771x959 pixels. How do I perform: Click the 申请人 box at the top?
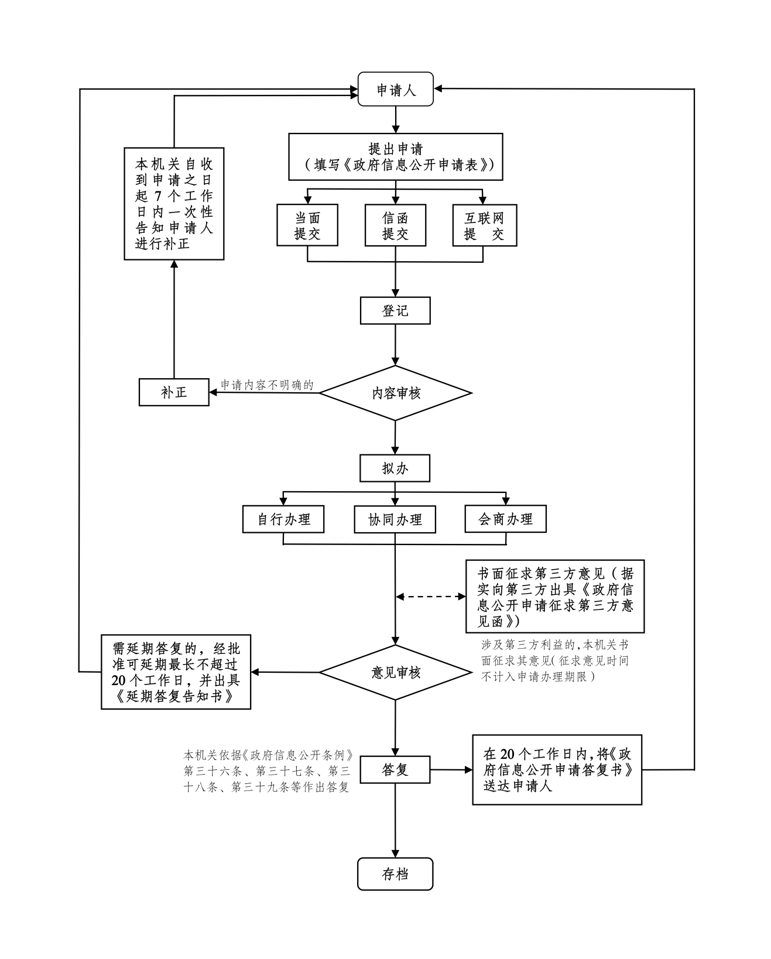pyautogui.click(x=395, y=90)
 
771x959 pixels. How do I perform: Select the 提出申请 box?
pyautogui.click(x=395, y=157)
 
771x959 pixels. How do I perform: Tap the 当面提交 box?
pyautogui.click(x=307, y=225)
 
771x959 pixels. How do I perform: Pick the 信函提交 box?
pyautogui.click(x=395, y=225)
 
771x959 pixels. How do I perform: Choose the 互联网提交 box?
pyautogui.click(x=484, y=225)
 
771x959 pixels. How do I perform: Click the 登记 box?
pyautogui.click(x=395, y=311)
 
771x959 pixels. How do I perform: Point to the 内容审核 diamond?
pyautogui.click(x=395, y=393)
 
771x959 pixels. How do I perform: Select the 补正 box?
pyautogui.click(x=174, y=392)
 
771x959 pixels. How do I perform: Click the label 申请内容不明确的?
pyautogui.click(x=267, y=385)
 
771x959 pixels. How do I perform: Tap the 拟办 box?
pyautogui.click(x=395, y=468)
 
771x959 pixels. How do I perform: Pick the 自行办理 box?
pyautogui.click(x=283, y=519)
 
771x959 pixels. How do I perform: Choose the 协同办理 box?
pyautogui.click(x=395, y=519)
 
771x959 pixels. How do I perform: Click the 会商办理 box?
pyautogui.click(x=505, y=519)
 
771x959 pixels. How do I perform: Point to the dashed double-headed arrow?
pyautogui.click(x=431, y=597)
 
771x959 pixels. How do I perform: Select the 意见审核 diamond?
pyautogui.click(x=395, y=673)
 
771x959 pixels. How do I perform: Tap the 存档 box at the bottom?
pyautogui.click(x=395, y=874)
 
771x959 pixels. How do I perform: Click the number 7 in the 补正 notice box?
pyautogui.click(x=157, y=196)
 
